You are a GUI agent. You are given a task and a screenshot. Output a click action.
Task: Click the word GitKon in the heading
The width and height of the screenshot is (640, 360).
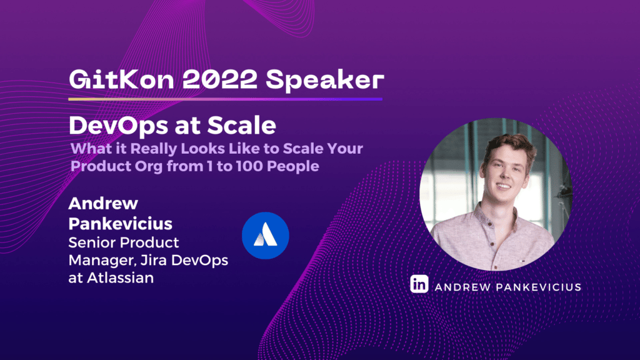[x=121, y=79]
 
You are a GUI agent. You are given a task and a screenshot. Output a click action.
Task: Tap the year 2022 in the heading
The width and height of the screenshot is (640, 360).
[x=219, y=79]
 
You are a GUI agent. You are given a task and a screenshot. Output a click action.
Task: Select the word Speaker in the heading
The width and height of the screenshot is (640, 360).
[x=325, y=81]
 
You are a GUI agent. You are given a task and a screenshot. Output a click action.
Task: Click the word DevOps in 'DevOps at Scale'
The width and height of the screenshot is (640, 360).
[x=118, y=126]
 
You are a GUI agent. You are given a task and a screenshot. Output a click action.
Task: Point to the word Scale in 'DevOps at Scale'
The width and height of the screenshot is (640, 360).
[x=241, y=125]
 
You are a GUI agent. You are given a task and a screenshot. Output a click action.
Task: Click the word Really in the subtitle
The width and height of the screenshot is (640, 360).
[x=154, y=149]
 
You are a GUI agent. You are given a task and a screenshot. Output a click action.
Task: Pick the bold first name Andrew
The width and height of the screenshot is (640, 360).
[x=103, y=203]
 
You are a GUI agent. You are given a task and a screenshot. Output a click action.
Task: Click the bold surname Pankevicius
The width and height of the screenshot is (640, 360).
[x=121, y=224]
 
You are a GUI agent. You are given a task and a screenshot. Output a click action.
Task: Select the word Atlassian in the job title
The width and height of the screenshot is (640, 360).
[x=121, y=278]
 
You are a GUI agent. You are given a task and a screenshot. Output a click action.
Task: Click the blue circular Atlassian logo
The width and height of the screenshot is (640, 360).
[x=265, y=236]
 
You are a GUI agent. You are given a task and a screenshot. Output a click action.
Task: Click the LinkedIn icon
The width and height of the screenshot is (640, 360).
[x=419, y=284]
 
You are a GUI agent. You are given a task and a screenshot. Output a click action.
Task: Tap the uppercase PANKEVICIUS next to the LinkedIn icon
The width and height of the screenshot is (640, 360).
[x=538, y=287]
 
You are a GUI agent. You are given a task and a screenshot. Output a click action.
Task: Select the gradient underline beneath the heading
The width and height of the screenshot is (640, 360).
[x=225, y=99]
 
